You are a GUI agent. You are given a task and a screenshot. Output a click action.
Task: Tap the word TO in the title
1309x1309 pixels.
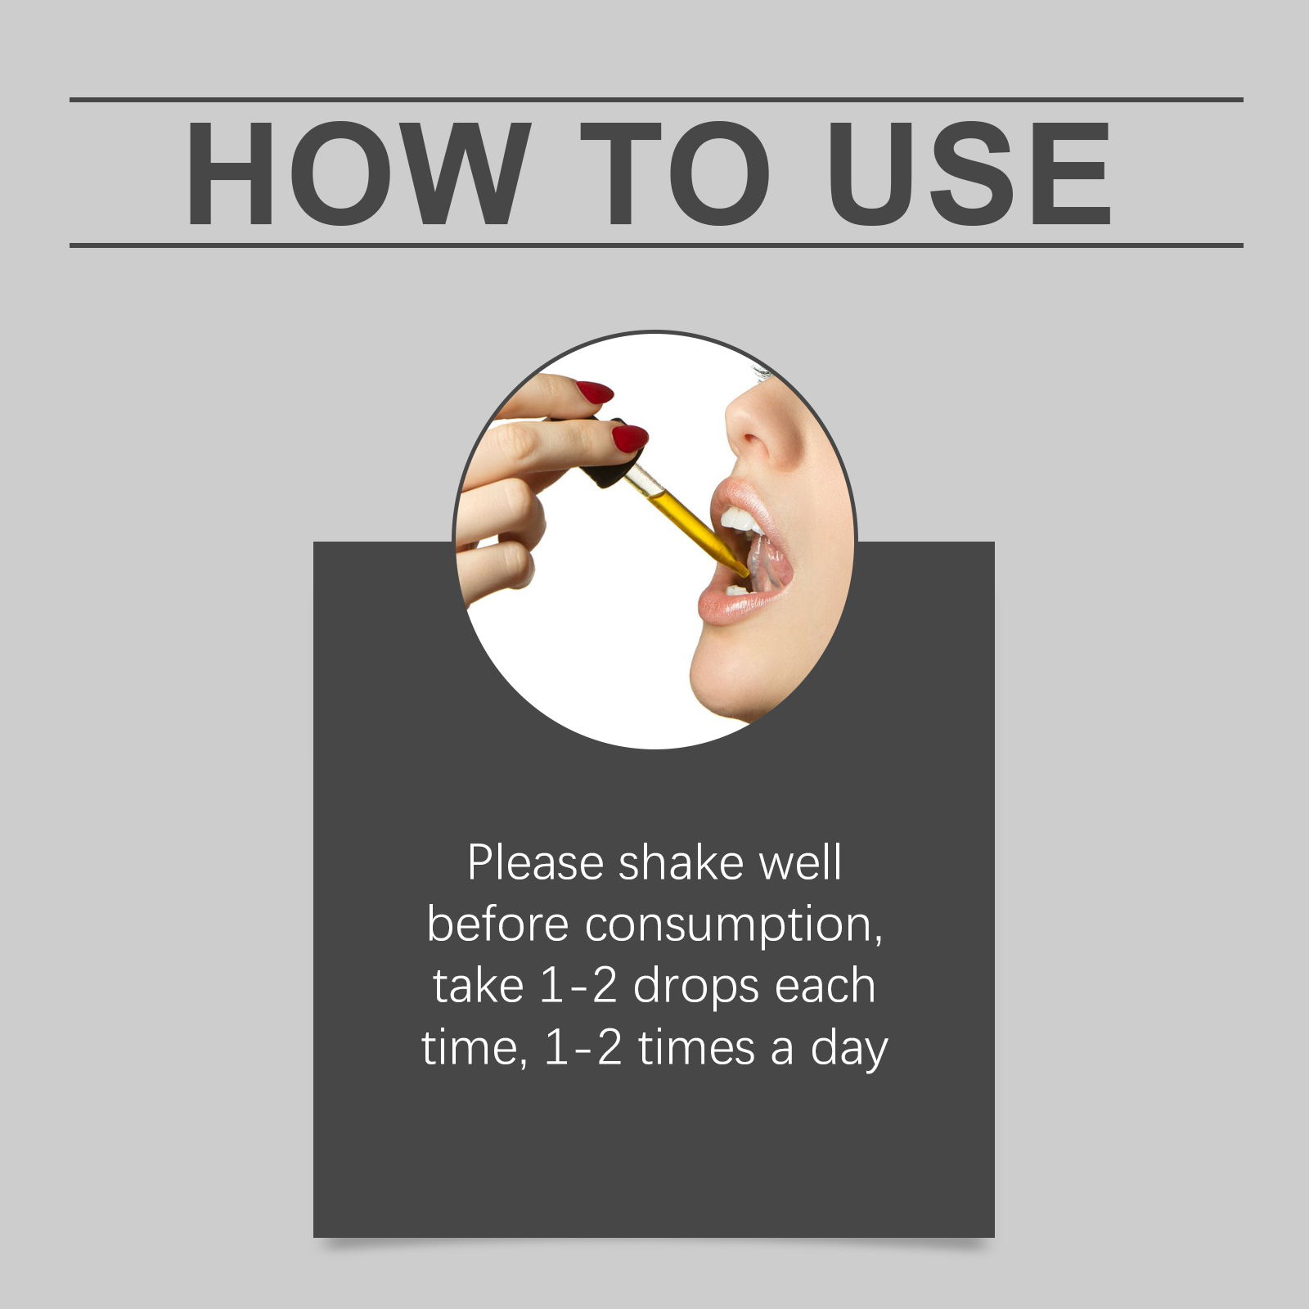(676, 173)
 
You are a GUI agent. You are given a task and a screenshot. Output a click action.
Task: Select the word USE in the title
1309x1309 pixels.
(969, 173)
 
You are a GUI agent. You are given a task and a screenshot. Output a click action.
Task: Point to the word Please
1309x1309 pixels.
(536, 863)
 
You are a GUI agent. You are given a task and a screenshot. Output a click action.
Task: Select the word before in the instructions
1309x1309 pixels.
(497, 924)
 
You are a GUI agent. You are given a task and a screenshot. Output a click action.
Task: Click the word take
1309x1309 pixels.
(479, 986)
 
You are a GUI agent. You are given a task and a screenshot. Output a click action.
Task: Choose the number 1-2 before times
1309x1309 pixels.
(583, 1048)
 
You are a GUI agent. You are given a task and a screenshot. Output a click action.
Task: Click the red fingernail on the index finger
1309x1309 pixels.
(595, 392)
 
